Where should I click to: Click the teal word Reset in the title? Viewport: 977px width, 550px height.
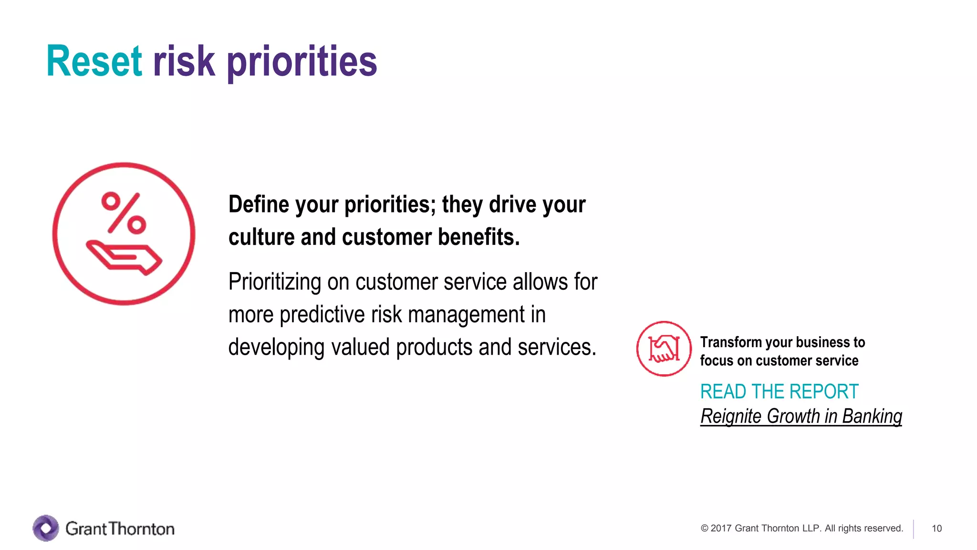pos(94,61)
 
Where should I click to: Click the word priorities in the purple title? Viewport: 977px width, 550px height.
pos(301,62)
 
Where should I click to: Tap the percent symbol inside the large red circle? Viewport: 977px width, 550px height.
pos(124,213)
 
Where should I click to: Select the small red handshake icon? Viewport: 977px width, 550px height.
pos(664,349)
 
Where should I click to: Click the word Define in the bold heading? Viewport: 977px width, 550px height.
pos(259,204)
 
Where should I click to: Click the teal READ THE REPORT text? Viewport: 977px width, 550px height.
pos(779,391)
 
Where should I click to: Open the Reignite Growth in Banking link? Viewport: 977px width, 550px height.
pos(801,416)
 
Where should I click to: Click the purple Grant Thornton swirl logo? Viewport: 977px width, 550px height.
pos(46,528)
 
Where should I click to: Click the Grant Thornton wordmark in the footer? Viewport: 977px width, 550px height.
pos(120,529)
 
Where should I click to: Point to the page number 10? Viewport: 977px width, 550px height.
pos(936,529)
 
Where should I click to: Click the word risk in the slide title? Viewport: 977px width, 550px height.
pos(184,61)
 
